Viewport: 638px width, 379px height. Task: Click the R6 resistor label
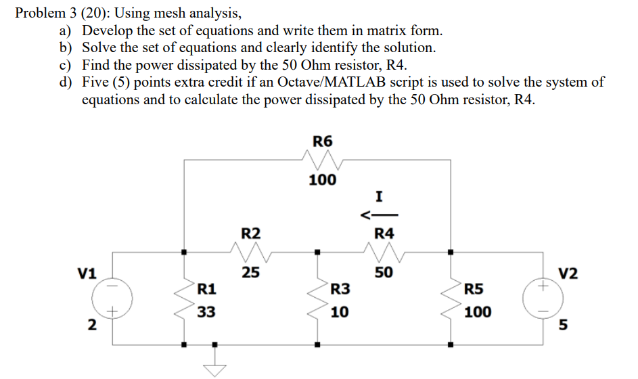(323, 141)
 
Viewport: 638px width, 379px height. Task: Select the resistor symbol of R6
(323, 161)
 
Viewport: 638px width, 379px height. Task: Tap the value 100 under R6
(323, 181)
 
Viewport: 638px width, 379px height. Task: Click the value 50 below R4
(384, 273)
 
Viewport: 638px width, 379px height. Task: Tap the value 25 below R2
(251, 273)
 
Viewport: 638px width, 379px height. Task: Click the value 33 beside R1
(207, 312)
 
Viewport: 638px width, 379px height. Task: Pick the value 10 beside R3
(340, 312)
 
